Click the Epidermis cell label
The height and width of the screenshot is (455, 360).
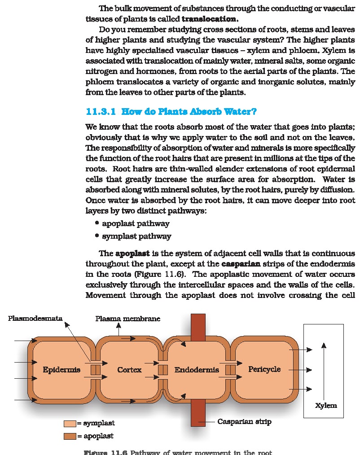[61, 370]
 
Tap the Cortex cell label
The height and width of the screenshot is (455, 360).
[129, 370]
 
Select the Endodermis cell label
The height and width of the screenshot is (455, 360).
[197, 370]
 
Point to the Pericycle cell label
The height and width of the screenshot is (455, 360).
[264, 369]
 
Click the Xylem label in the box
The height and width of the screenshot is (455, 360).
[326, 405]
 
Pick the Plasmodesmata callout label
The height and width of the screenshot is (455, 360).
[35, 319]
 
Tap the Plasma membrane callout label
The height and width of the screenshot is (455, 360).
[127, 319]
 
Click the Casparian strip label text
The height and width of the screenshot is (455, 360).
[244, 421]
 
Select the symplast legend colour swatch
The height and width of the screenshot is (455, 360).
[70, 423]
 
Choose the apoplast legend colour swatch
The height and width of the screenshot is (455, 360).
[70, 436]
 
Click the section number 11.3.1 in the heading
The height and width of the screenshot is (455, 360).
[101, 111]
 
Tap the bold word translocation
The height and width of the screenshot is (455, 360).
[210, 19]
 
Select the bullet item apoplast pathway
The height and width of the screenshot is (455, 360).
[136, 223]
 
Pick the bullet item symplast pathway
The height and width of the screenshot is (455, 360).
[136, 236]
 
